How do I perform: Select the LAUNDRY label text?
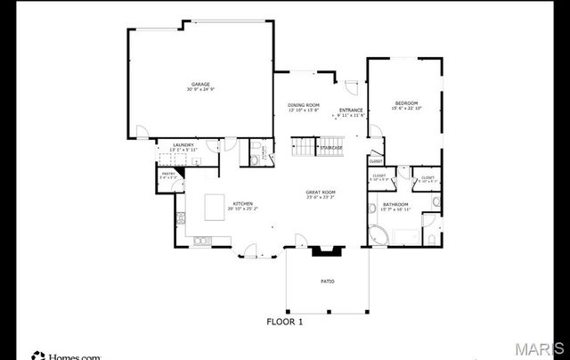click(184, 143)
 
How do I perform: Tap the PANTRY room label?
click(168, 175)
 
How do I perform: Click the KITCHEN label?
click(244, 204)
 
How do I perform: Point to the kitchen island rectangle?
click(216, 207)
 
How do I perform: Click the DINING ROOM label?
click(303, 105)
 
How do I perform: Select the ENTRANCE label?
click(350, 110)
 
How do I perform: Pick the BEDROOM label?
click(406, 103)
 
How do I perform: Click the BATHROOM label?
click(396, 204)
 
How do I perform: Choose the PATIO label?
click(328, 282)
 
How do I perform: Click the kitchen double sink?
click(201, 240)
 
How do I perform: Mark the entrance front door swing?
click(351, 89)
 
